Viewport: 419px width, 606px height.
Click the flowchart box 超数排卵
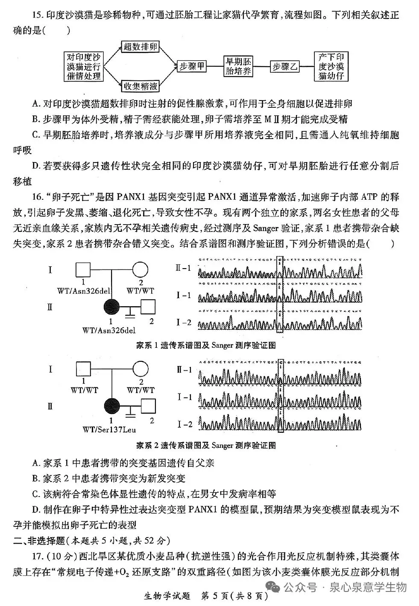click(x=140, y=47)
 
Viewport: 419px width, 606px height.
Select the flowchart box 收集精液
click(x=140, y=87)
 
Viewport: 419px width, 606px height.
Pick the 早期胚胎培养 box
click(x=238, y=66)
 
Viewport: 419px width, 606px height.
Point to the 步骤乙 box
click(x=285, y=66)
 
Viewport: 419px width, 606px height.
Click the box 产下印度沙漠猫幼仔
click(x=331, y=66)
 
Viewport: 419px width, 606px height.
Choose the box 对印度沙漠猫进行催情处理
click(x=84, y=66)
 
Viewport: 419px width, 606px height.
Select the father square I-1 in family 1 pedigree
click(x=83, y=270)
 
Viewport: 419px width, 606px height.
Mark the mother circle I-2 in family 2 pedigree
click(x=140, y=369)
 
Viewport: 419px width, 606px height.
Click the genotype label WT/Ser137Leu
click(x=110, y=430)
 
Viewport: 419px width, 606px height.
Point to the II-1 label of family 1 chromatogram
click(x=184, y=268)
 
